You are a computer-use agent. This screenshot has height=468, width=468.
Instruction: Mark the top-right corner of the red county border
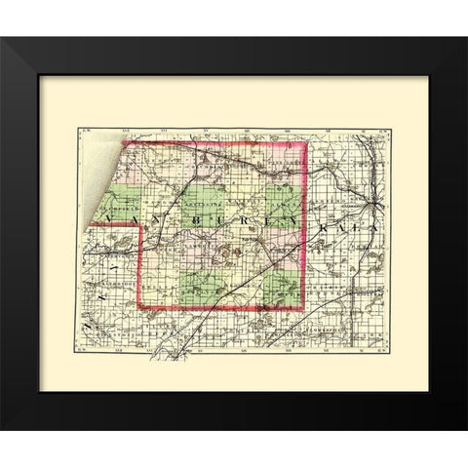click(x=309, y=142)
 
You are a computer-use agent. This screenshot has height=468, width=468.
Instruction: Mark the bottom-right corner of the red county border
click(x=309, y=310)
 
